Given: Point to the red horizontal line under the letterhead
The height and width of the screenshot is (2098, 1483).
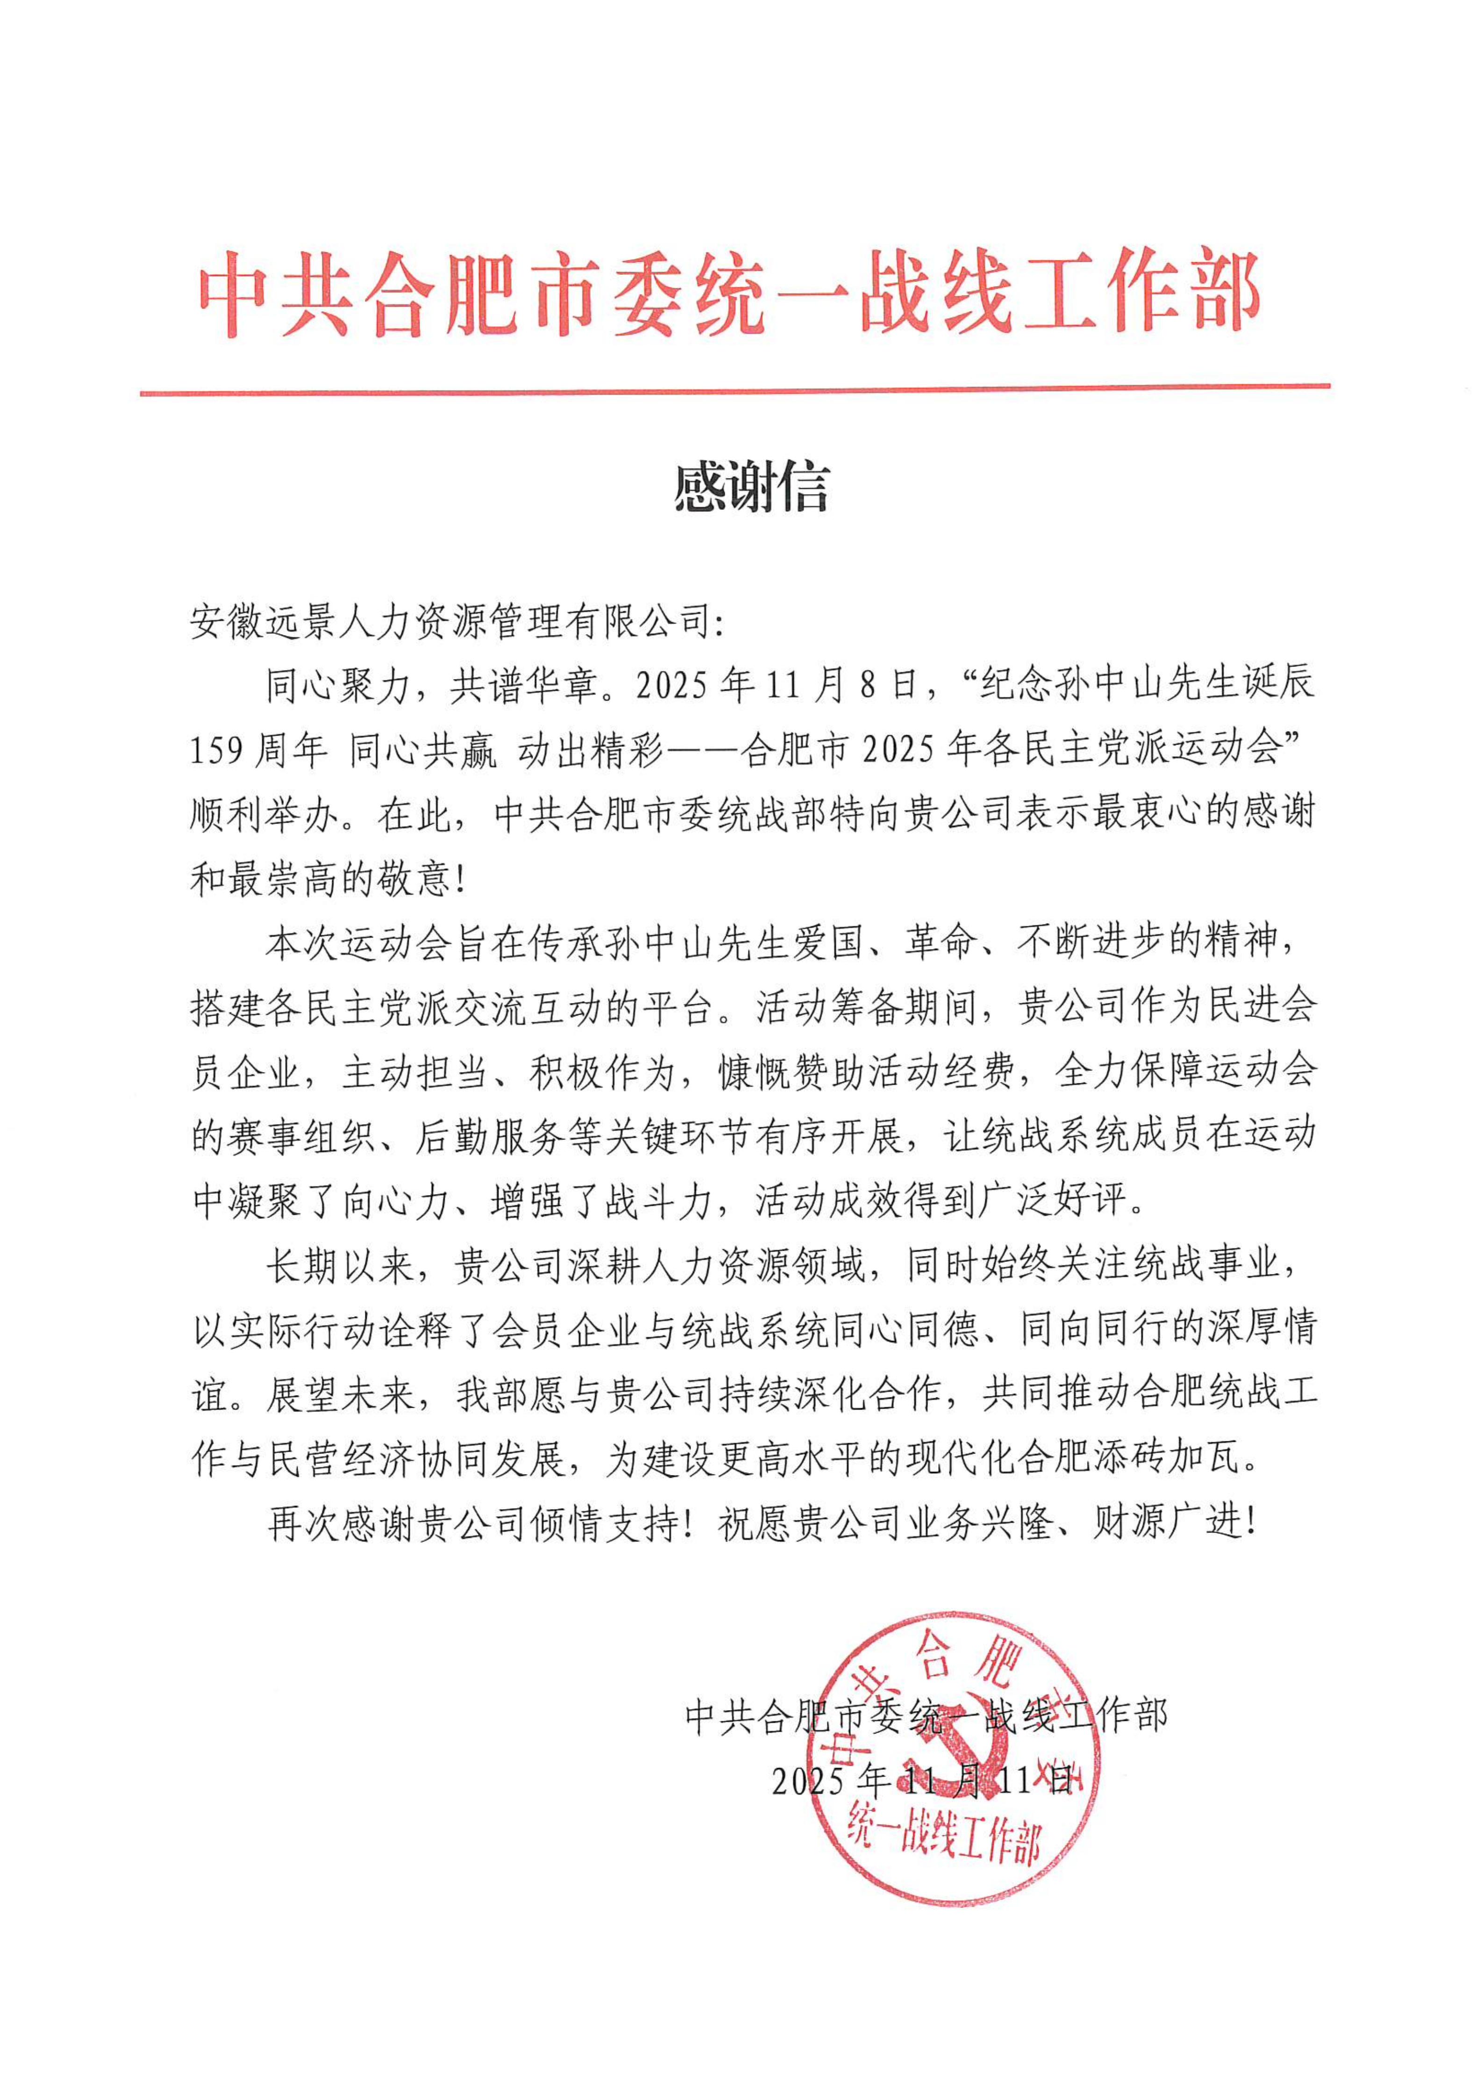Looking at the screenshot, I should pyautogui.click(x=734, y=390).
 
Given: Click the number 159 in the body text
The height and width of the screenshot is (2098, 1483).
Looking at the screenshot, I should pyautogui.click(x=217, y=750).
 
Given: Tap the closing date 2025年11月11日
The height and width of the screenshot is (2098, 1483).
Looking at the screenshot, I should pyautogui.click(x=921, y=1779).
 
